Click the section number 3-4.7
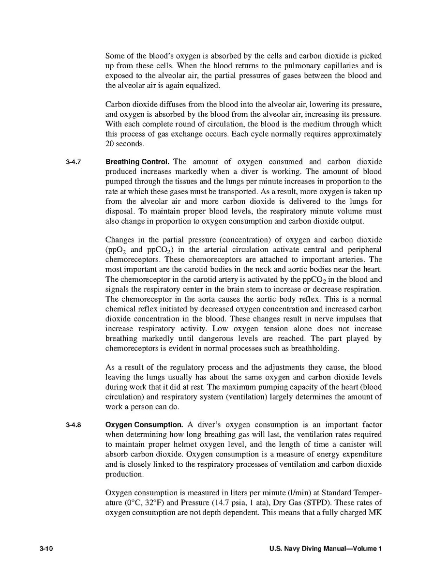(x=73, y=162)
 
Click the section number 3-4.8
(x=73, y=425)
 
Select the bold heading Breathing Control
(x=137, y=162)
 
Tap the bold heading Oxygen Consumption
(x=144, y=425)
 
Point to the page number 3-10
(x=46, y=549)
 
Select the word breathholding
(x=315, y=349)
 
